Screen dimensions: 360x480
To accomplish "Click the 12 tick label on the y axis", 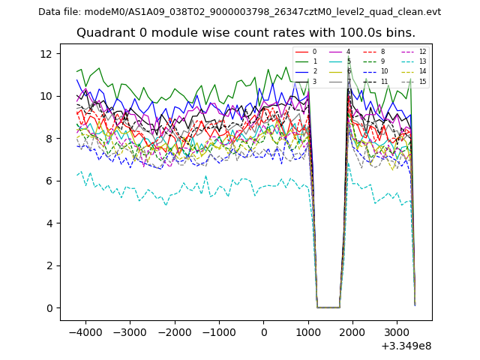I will point(46,54).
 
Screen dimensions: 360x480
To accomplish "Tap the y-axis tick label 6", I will point(49,181).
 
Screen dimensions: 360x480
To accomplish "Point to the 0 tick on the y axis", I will point(49,308).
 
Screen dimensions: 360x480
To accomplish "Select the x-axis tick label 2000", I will point(352,332).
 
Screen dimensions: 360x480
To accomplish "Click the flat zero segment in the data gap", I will point(328,307).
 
